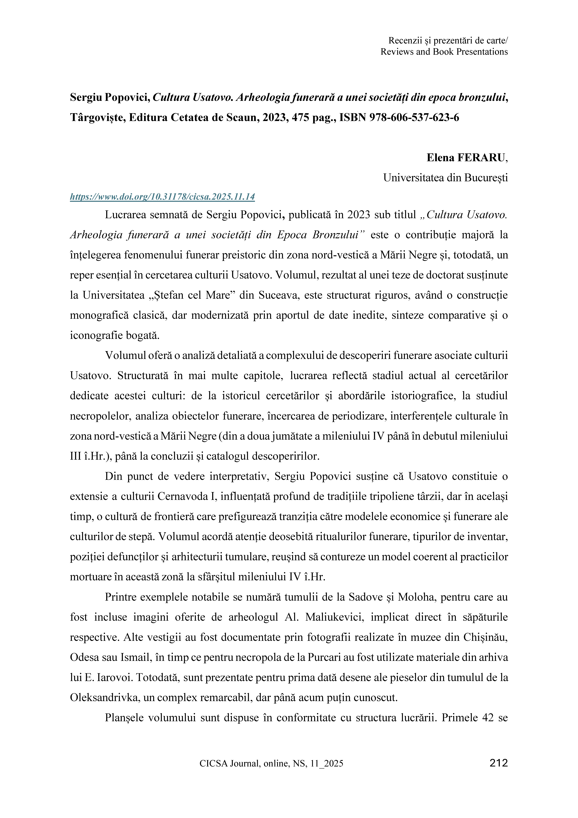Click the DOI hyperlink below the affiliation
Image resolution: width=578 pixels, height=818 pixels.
coord(162,197)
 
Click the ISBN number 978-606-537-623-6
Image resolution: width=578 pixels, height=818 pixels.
coord(414,117)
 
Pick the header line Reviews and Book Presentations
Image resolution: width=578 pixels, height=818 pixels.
coord(444,52)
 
